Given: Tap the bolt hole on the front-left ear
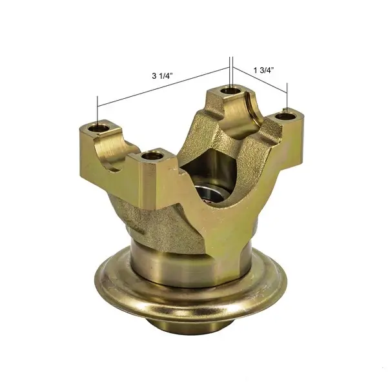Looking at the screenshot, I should click(x=151, y=155).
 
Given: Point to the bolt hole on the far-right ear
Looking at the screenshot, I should click(x=287, y=117).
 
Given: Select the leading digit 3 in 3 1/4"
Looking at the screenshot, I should click(x=154, y=76).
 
